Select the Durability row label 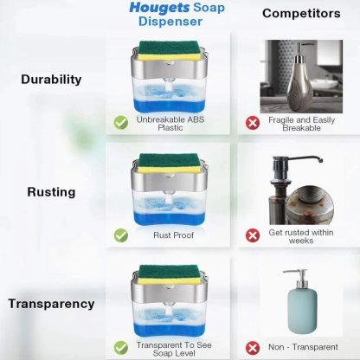(51, 79)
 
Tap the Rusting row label (51, 192)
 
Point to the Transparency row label (51, 304)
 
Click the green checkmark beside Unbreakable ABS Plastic (121, 122)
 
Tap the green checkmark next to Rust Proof (121, 235)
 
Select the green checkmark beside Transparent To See (121, 345)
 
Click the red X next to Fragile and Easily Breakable (253, 123)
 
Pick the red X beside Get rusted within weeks (253, 235)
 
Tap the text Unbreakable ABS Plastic (171, 123)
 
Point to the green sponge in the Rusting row (172, 161)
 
